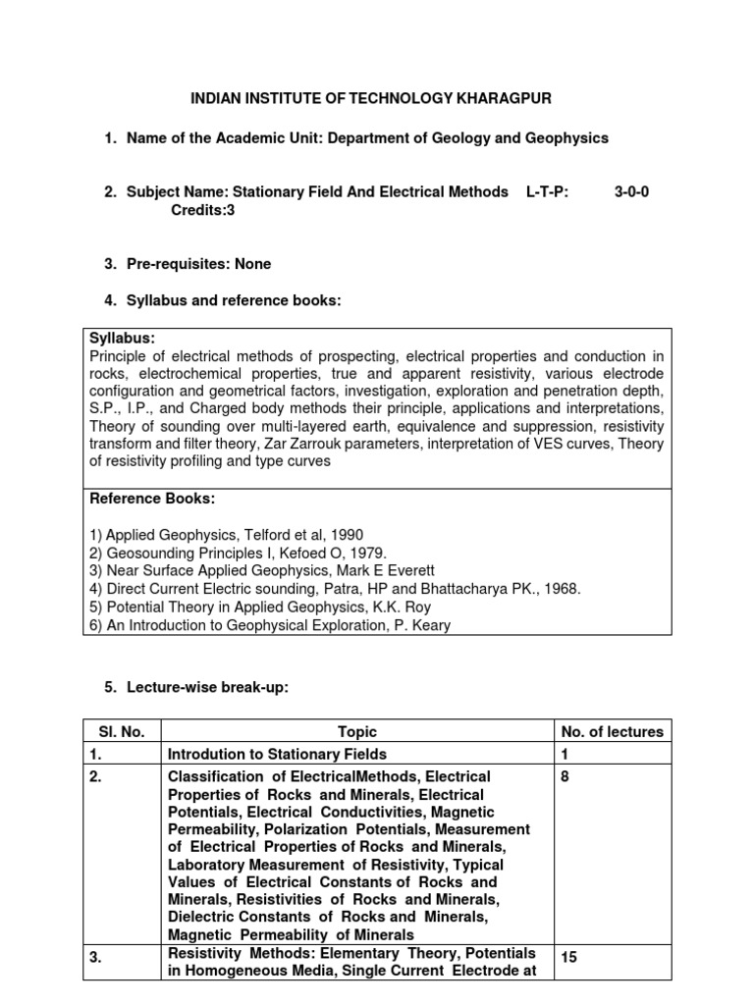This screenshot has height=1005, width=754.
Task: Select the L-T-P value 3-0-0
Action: click(631, 192)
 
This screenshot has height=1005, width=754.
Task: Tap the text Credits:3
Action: click(203, 210)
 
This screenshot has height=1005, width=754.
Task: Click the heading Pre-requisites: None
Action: click(198, 264)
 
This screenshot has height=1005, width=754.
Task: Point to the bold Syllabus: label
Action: click(123, 338)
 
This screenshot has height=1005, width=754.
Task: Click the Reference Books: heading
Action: click(152, 499)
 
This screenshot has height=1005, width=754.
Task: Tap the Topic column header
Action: click(357, 731)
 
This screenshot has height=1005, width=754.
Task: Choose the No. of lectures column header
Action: click(612, 731)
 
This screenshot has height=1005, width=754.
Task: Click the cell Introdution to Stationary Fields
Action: click(278, 754)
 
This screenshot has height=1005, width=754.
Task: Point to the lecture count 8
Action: click(565, 776)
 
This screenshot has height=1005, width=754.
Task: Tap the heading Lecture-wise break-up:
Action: click(207, 688)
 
